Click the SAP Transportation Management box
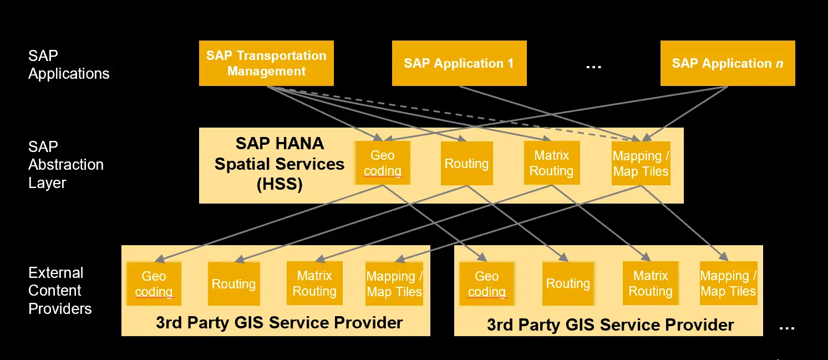click(266, 63)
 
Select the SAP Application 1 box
click(459, 63)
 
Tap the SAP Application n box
click(727, 63)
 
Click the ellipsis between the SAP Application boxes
click(593, 66)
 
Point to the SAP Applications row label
click(68, 65)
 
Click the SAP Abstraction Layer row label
click(65, 165)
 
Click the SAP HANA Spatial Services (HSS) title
click(280, 164)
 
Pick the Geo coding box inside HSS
click(383, 163)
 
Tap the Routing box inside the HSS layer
click(466, 164)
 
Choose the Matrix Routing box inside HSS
click(551, 163)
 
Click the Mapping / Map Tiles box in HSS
click(641, 164)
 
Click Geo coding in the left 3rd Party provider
click(154, 284)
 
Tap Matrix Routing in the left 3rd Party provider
click(314, 283)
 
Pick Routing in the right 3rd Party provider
click(567, 284)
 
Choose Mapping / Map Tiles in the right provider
click(728, 283)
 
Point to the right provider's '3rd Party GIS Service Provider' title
click(610, 324)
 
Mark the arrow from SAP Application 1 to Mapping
click(546, 113)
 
